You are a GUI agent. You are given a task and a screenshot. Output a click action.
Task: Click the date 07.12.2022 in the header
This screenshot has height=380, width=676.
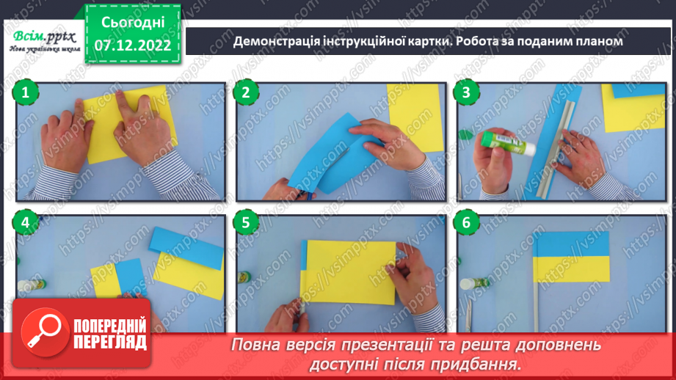pos(133,45)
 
